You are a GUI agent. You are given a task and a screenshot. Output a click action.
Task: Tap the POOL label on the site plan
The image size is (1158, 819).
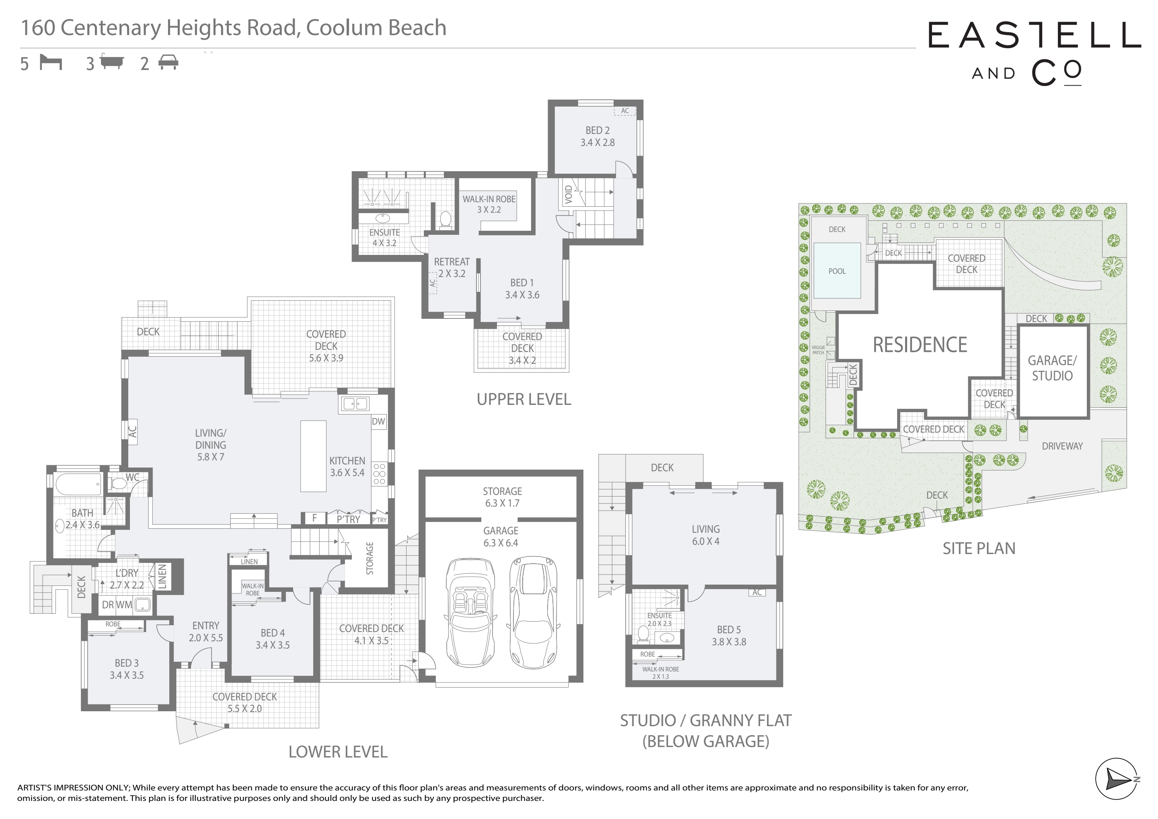[x=837, y=271]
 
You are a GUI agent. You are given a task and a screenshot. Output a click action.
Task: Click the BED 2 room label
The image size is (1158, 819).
[x=597, y=137]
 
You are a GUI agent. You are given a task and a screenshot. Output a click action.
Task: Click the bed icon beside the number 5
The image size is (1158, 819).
[x=50, y=63]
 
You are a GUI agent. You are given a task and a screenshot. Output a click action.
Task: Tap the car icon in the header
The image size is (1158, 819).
[x=168, y=63]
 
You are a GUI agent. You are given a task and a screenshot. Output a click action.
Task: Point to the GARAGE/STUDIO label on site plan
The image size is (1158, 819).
[x=1052, y=368]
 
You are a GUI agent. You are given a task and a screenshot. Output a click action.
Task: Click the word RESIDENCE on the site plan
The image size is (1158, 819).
[x=920, y=345]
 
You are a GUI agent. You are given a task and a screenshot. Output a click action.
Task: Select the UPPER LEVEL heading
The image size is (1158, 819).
[x=524, y=399]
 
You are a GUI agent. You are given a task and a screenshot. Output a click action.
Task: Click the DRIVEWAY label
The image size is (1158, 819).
[x=1062, y=446]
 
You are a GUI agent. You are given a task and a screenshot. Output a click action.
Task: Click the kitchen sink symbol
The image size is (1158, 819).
[x=355, y=403]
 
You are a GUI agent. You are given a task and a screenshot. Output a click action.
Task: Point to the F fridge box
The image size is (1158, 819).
[x=314, y=518]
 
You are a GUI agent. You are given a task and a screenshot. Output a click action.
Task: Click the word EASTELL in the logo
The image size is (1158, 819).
[x=1035, y=35]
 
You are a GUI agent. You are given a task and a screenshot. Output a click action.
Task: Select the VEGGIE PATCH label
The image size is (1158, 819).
[x=818, y=350]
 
